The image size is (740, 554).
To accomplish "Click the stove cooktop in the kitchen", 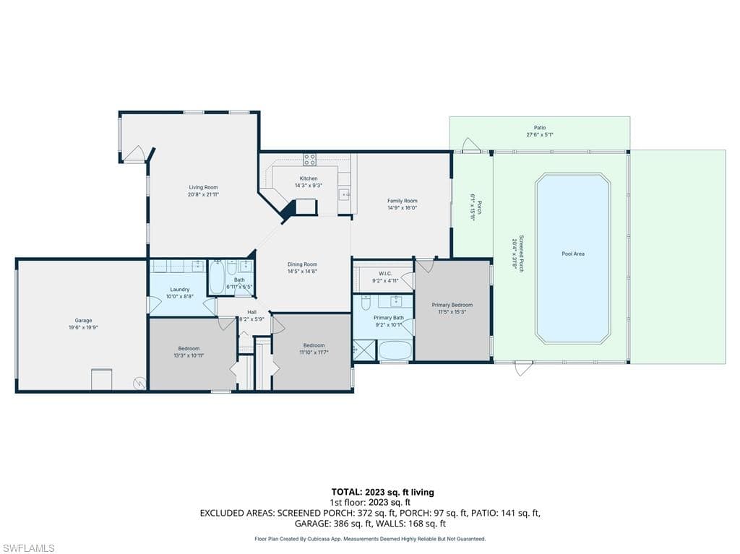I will [309, 160].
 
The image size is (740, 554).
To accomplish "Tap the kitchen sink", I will [345, 194].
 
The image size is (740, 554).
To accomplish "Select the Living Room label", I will [203, 187].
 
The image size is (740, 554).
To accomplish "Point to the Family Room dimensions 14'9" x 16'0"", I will [402, 208].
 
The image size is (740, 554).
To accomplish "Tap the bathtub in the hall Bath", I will [216, 277].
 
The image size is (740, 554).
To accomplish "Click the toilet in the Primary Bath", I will [366, 303].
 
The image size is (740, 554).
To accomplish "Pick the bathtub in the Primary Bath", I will [395, 351].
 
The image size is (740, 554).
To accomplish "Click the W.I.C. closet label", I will [385, 273].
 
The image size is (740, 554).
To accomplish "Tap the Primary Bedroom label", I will [452, 305].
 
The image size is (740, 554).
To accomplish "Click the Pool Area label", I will [573, 254].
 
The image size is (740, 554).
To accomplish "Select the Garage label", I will [83, 321].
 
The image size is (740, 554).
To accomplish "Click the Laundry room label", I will [179, 290].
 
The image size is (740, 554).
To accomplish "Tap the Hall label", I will [251, 312].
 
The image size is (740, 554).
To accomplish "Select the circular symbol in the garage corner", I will [137, 382].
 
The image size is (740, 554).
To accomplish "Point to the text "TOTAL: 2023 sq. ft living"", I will [382, 492].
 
